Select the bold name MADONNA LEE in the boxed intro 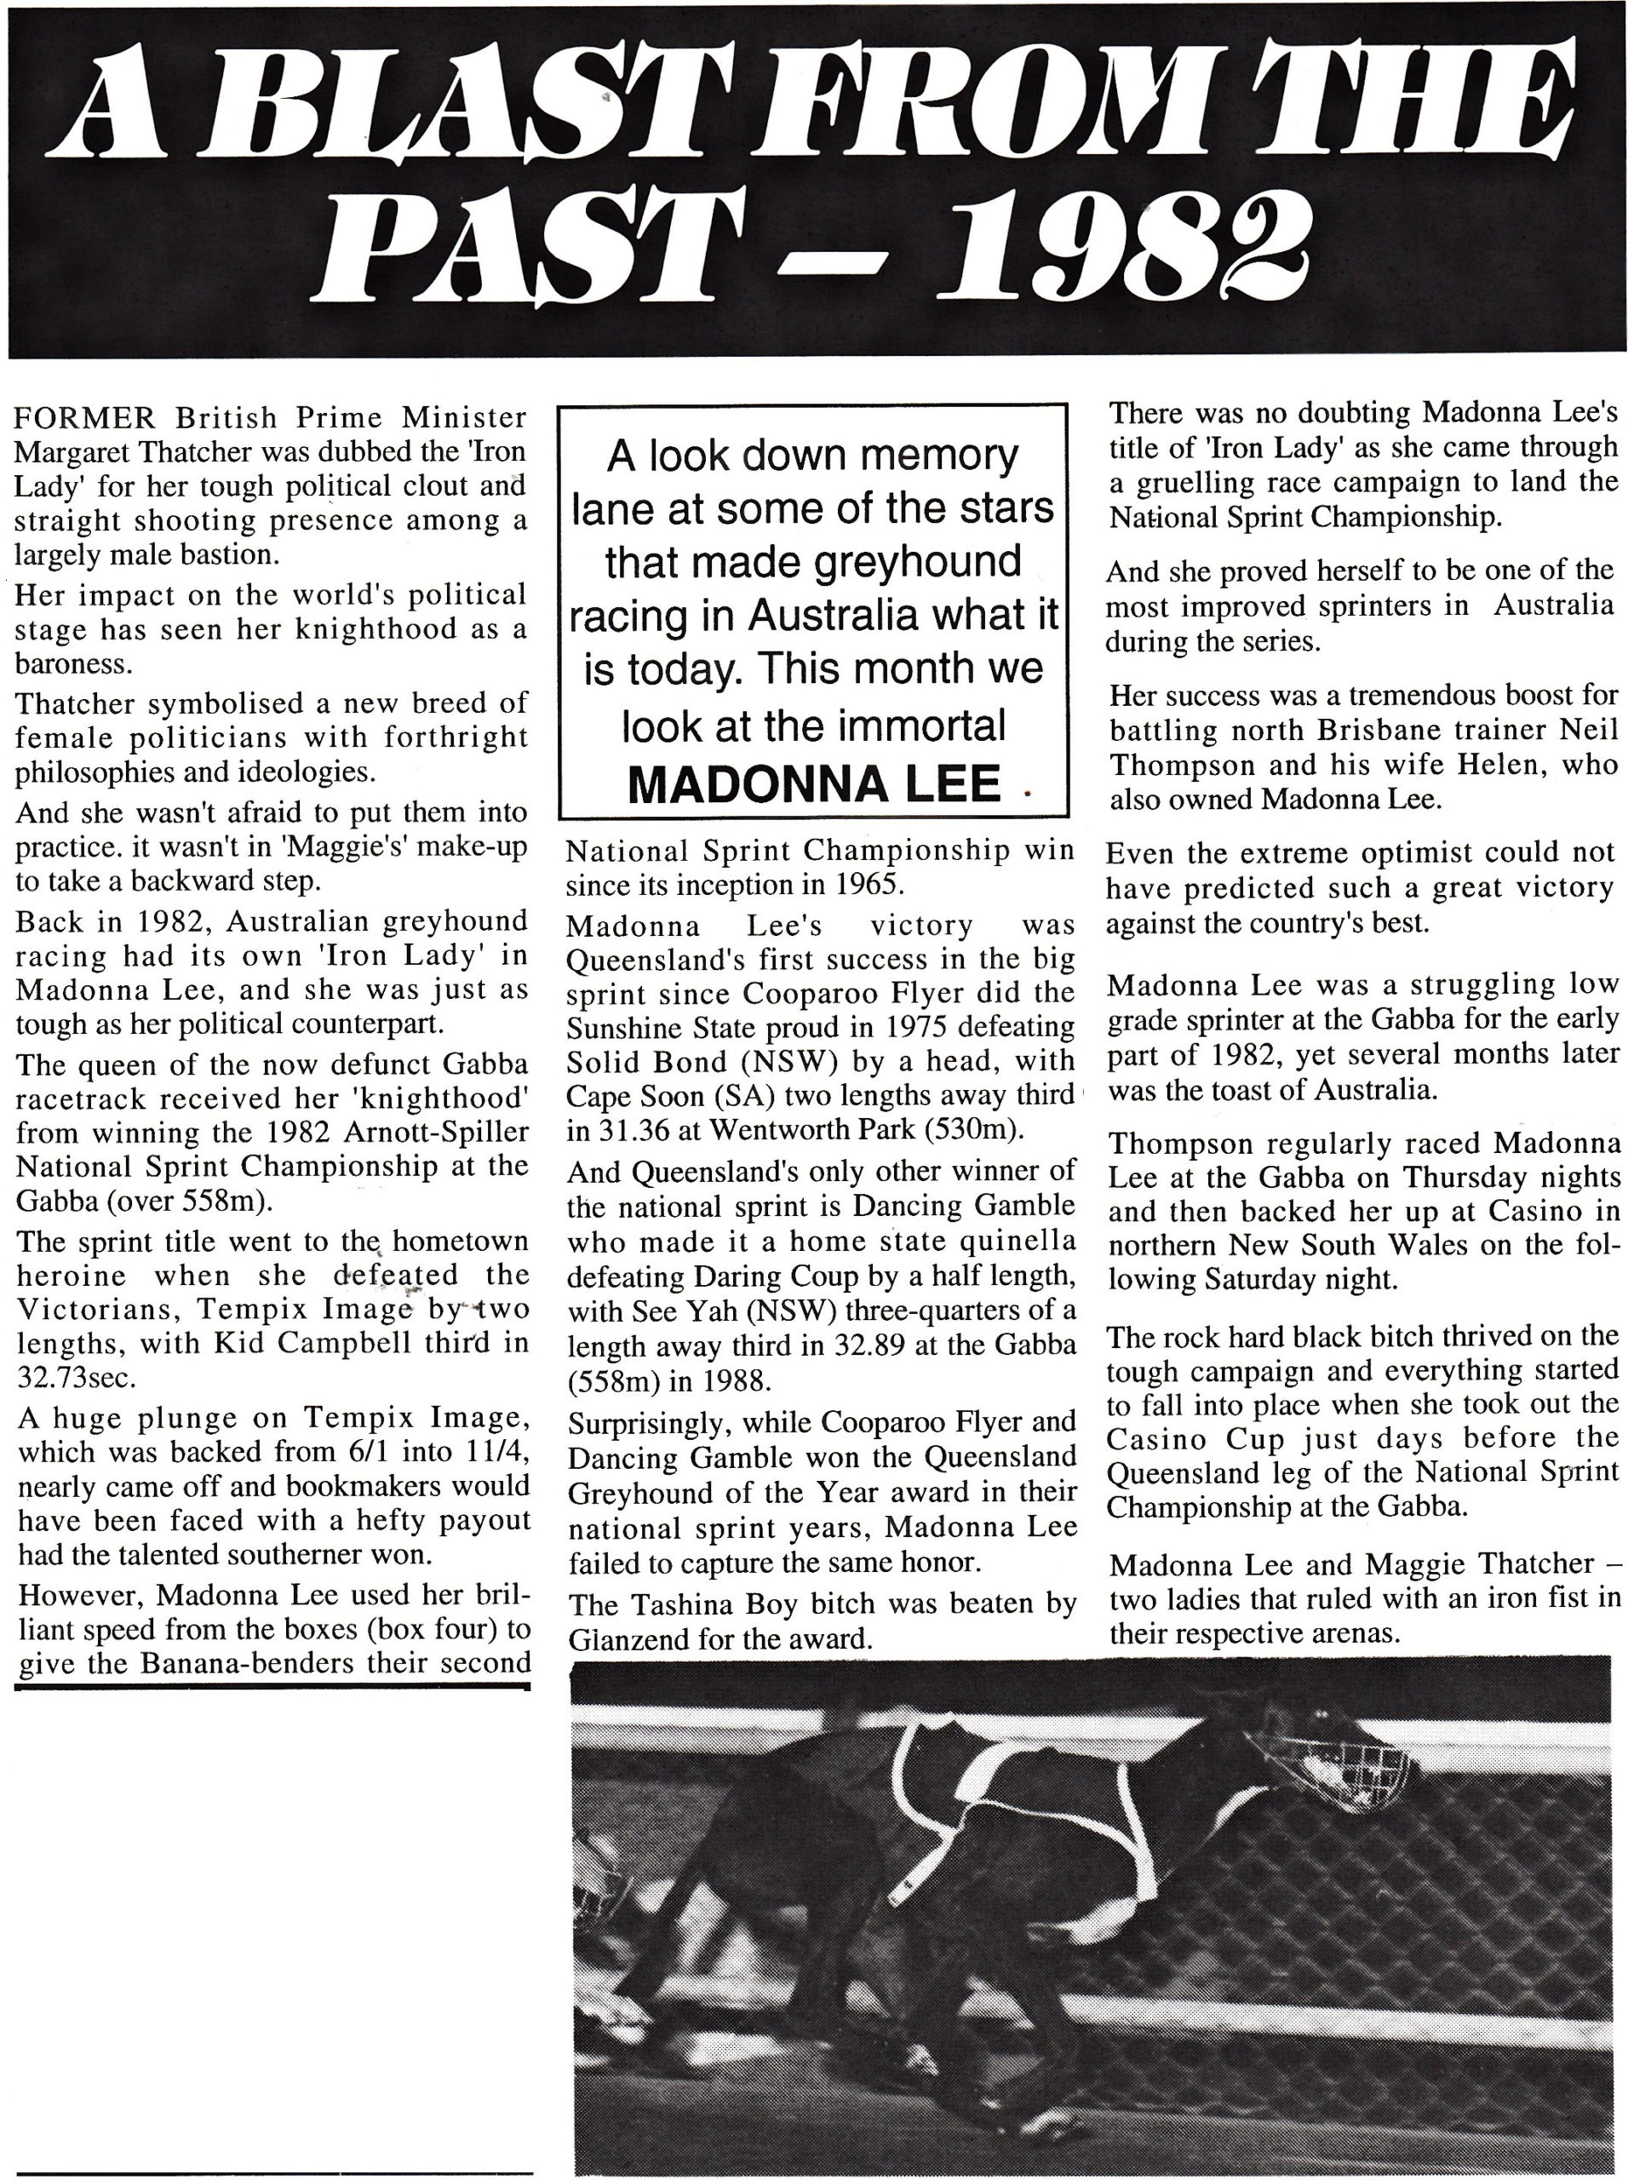(x=814, y=784)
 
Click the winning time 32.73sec (x=83, y=1376)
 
